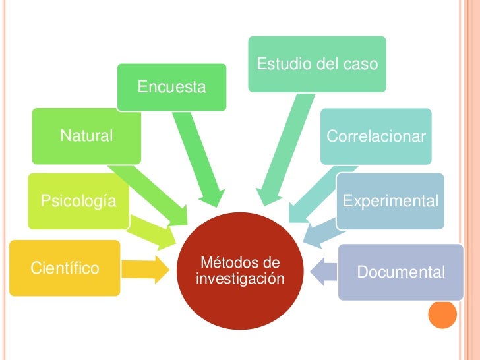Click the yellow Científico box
coord(65,268)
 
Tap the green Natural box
coord(86,136)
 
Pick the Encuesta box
coord(171,87)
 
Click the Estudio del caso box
coord(316,64)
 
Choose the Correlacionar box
coord(376,136)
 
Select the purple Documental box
coord(400,272)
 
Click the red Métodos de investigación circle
coord(241,271)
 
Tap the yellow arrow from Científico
coord(146,268)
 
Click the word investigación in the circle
coord(241,279)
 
